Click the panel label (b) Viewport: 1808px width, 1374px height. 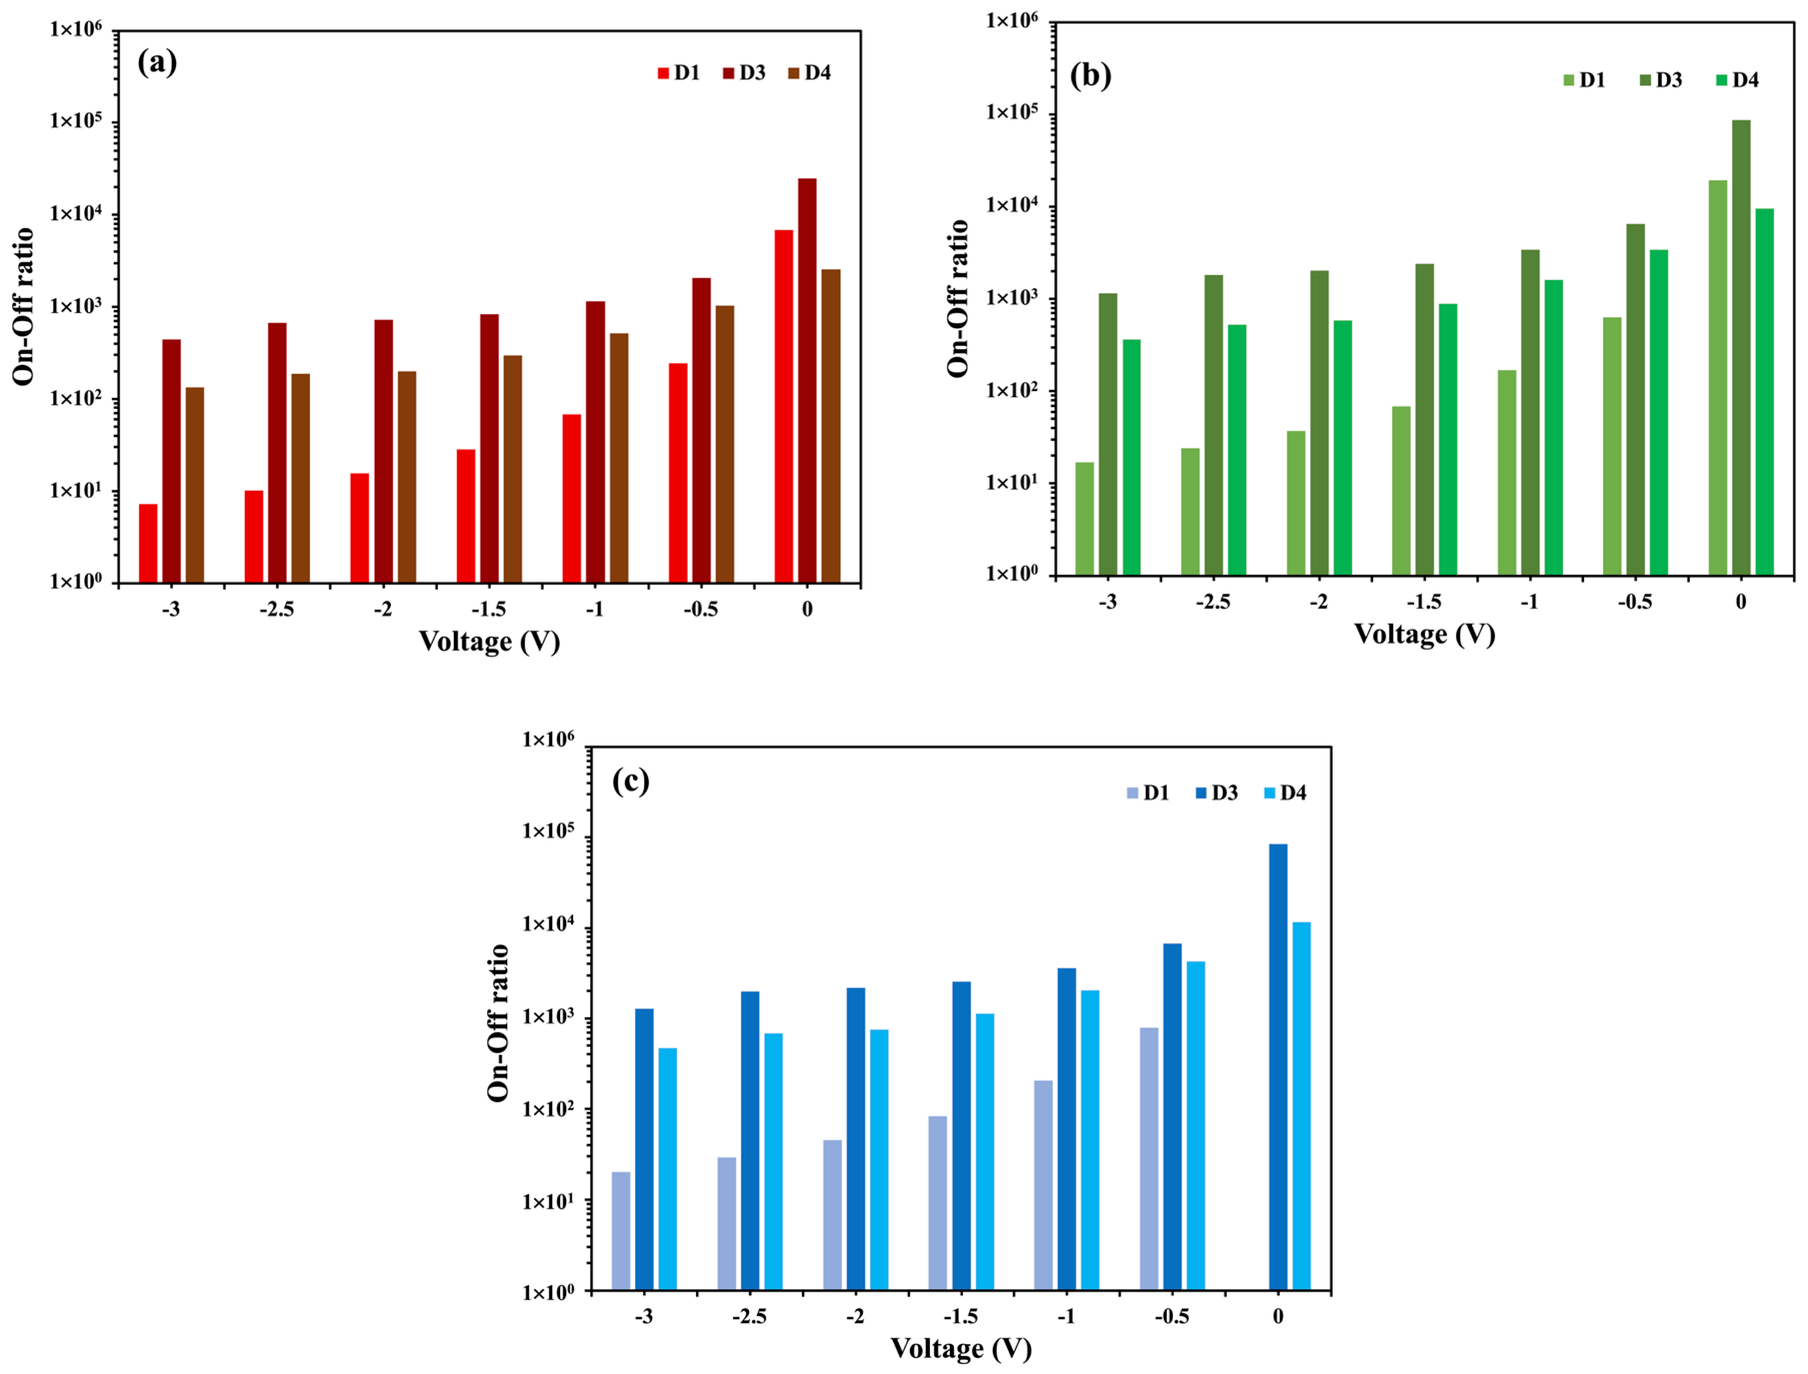pyautogui.click(x=1090, y=75)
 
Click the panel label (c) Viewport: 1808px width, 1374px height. pyautogui.click(x=631, y=781)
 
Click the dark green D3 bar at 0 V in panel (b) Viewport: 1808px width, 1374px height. pyautogui.click(x=1741, y=348)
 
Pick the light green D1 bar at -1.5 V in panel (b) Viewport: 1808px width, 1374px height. pyautogui.click(x=1401, y=490)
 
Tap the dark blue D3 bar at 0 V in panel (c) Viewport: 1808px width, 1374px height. pyautogui.click(x=1278, y=1067)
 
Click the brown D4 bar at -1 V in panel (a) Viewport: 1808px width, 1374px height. pyautogui.click(x=619, y=458)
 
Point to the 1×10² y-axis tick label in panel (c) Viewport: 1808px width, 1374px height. pyautogui.click(x=548, y=1110)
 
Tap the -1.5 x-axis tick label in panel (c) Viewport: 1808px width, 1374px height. pyautogui.click(x=960, y=1317)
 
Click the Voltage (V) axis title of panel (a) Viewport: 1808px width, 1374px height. pyautogui.click(x=489, y=642)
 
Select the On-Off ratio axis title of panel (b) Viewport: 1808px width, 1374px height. pyautogui.click(x=959, y=299)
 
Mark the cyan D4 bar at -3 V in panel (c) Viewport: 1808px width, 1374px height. pyautogui.click(x=668, y=1170)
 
